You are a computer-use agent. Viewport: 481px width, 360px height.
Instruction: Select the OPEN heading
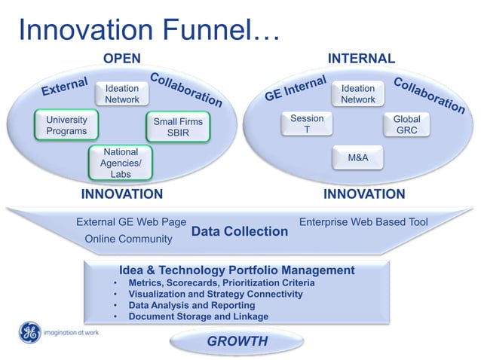(x=121, y=59)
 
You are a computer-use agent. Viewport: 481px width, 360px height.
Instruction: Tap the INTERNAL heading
(x=360, y=59)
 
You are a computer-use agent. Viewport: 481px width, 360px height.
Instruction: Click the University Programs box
(x=66, y=125)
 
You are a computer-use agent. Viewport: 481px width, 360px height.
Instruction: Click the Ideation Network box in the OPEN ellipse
(x=121, y=94)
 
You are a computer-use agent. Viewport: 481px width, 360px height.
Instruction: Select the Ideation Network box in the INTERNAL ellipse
(x=358, y=94)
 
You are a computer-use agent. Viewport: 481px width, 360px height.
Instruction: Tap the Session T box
(x=307, y=124)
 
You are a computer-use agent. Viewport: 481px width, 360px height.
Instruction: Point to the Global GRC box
(x=406, y=124)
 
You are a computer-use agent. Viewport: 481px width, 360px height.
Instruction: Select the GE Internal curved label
(x=295, y=89)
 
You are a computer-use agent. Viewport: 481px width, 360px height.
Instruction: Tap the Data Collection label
(x=240, y=231)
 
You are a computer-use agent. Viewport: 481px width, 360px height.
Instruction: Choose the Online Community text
(x=129, y=239)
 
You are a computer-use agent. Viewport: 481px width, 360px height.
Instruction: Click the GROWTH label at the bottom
(x=237, y=341)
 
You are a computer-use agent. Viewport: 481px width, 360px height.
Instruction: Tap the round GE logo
(x=29, y=331)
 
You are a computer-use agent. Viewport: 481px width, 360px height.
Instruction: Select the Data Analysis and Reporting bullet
(x=191, y=305)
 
